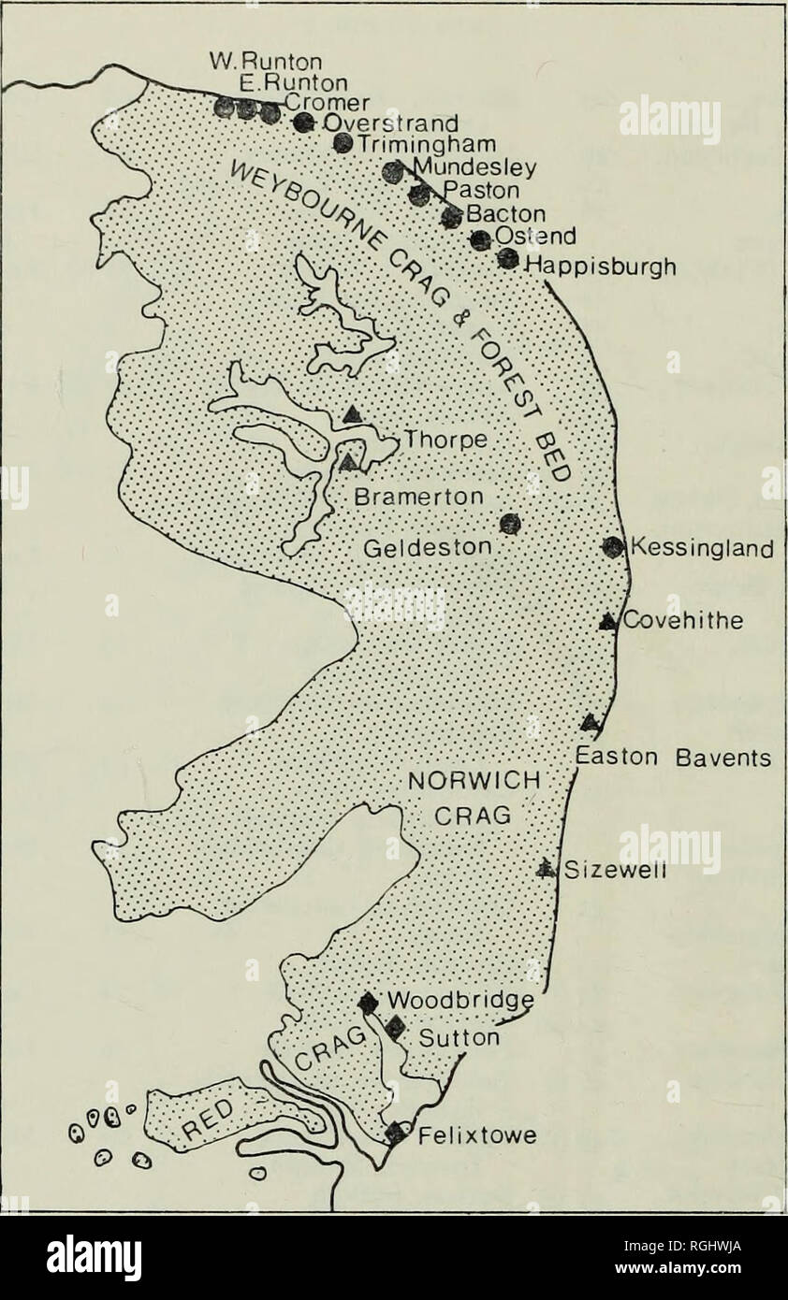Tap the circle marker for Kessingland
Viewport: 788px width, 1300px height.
pos(612,547)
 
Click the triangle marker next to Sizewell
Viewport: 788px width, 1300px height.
pos(545,868)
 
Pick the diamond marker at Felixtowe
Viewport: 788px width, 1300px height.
pos(396,1133)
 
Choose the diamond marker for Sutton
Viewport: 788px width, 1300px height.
pos(395,1028)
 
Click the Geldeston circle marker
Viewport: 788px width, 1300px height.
pos(509,524)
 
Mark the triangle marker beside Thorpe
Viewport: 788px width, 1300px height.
pos(351,414)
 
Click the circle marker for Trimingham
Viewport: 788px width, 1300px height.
pos(343,142)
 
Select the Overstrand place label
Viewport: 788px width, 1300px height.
pos(390,123)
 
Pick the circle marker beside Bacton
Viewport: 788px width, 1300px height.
pos(452,217)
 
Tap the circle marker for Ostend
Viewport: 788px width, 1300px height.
pos(480,239)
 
